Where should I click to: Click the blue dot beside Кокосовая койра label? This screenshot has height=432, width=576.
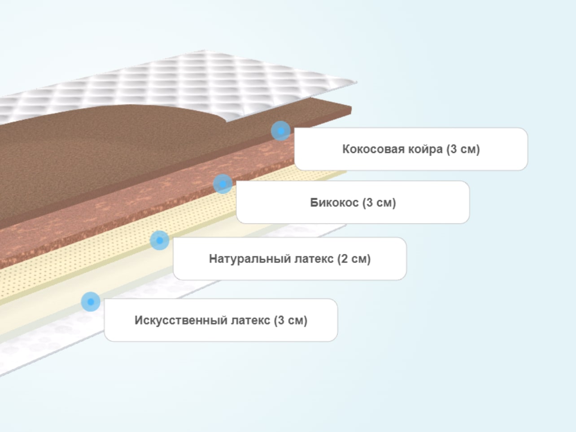[x=281, y=131]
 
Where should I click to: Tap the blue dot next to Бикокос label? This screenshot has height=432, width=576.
[x=223, y=184]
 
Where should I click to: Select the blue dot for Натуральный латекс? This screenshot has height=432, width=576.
[x=160, y=240]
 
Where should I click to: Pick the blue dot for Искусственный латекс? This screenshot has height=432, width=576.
[x=91, y=301]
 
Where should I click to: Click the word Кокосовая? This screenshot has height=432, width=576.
[x=373, y=149]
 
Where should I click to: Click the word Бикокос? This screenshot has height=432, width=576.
[x=334, y=202]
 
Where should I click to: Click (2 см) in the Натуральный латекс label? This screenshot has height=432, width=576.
[x=354, y=259]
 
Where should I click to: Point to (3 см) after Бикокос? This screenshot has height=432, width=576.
[x=379, y=202]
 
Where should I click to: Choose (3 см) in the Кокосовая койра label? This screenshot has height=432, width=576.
[x=463, y=149]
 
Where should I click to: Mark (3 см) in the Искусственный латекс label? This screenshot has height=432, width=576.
[x=291, y=320]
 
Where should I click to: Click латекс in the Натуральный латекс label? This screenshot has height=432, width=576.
[x=314, y=259]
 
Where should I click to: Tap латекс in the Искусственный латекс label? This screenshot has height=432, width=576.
[x=251, y=321]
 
